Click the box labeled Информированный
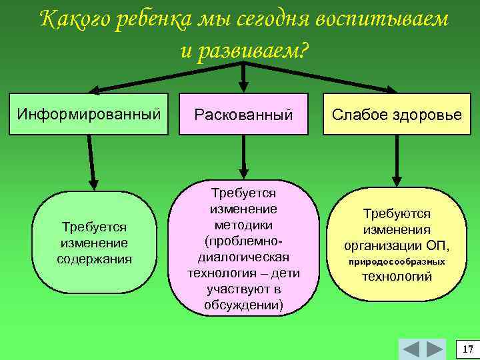click(x=89, y=113)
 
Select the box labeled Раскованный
click(x=243, y=115)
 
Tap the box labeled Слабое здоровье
click(x=397, y=114)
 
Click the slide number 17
click(x=467, y=349)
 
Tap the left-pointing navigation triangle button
click(x=412, y=349)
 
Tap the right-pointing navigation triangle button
click(x=434, y=349)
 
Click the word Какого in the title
click(x=75, y=20)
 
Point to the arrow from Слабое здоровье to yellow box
click(x=397, y=161)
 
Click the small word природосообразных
click(x=397, y=262)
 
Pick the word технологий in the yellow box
click(x=397, y=276)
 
